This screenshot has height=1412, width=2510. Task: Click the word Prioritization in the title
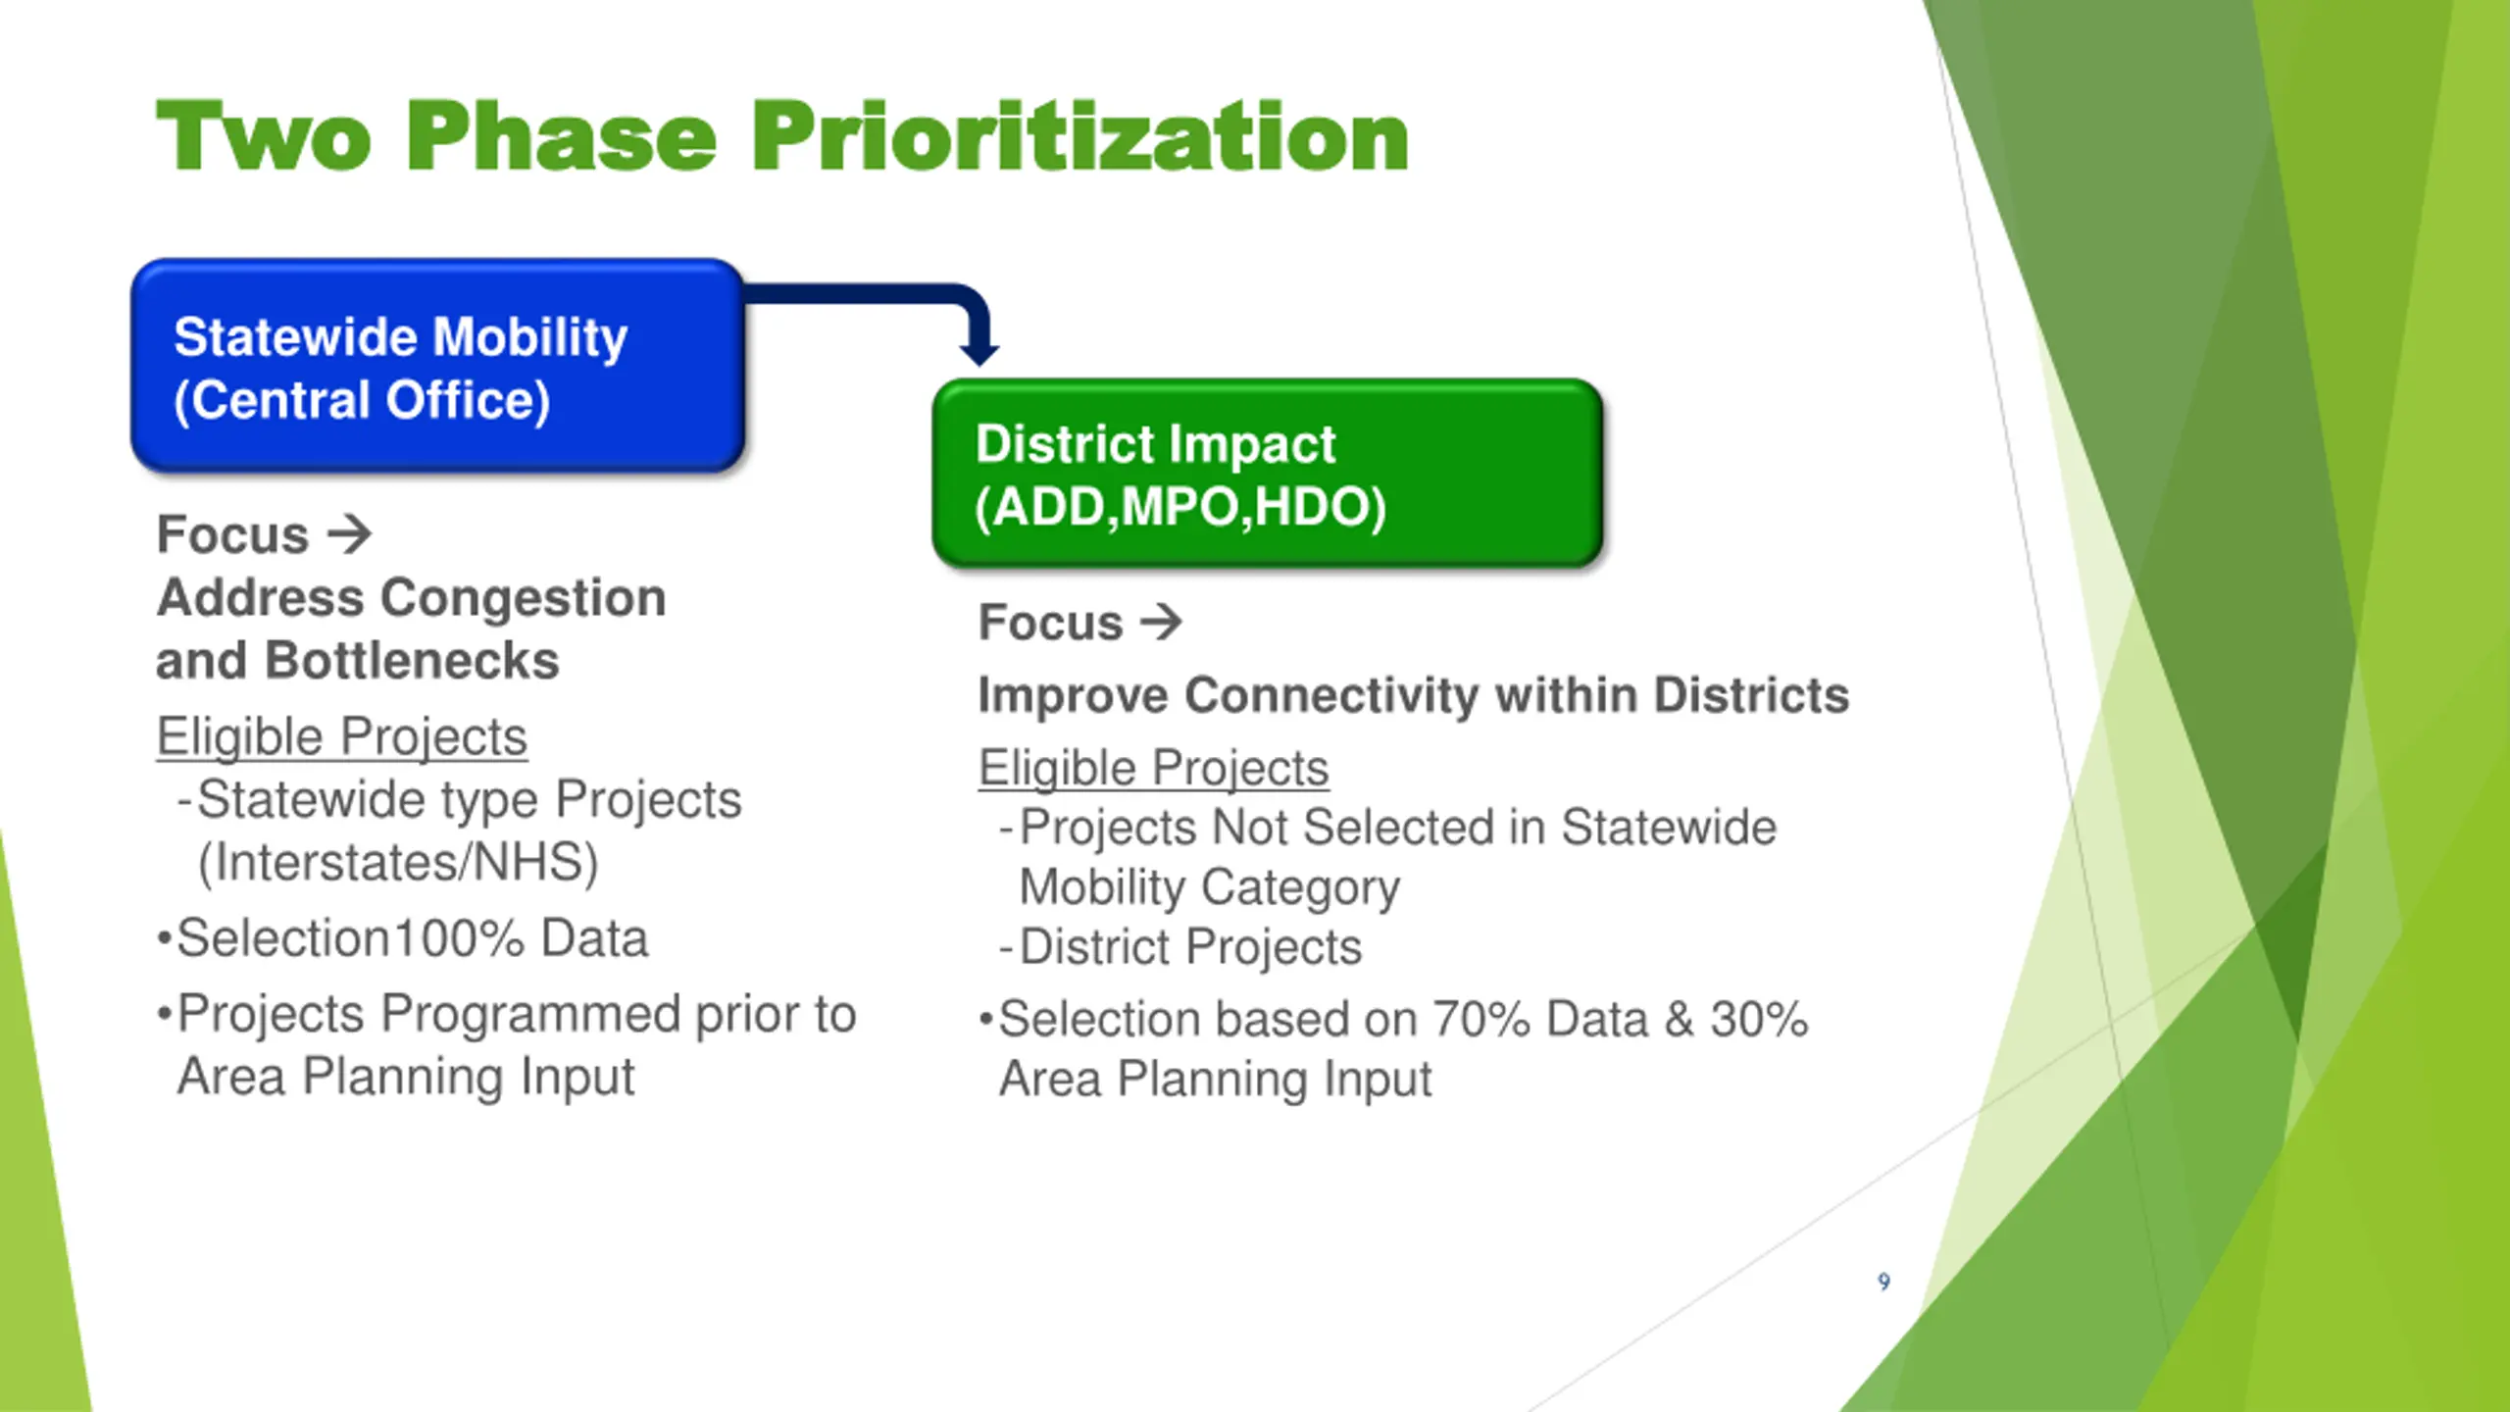1080,137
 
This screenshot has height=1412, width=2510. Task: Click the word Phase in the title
561,137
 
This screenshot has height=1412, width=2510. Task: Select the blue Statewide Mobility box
438,366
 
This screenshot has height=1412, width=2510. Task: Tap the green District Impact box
1268,473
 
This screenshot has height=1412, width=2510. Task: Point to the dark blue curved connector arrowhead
979,351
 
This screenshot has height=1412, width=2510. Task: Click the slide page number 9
1883,1282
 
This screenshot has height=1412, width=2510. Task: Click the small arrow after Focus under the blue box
350,534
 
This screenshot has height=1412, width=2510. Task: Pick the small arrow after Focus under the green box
1161,622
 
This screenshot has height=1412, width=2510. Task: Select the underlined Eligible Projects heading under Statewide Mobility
342,736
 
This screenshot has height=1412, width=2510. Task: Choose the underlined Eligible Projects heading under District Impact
1154,768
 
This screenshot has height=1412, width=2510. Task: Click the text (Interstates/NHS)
398,863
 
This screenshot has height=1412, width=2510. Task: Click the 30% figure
1760,1020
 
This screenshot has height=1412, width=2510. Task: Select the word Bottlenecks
412,660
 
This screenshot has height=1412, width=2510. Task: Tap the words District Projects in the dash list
1191,947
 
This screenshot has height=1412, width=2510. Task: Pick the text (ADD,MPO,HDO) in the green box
1180,508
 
